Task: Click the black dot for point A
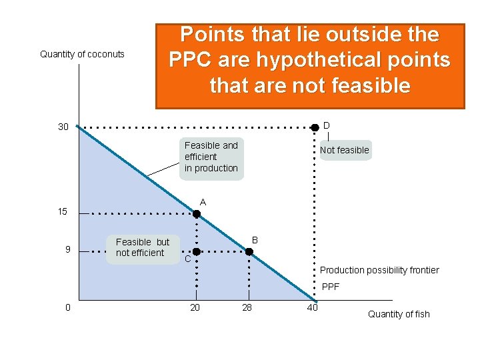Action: click(197, 214)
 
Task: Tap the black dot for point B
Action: click(249, 252)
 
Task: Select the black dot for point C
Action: click(197, 252)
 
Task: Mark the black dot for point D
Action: click(315, 127)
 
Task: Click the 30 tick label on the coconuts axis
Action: click(63, 127)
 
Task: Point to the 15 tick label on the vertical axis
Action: click(62, 212)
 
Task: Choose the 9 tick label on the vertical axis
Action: click(67, 250)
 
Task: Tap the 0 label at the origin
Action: click(68, 307)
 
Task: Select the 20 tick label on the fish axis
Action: click(195, 307)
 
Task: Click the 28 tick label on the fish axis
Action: click(247, 307)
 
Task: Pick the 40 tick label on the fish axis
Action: click(312, 307)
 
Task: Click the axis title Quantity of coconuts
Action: click(82, 54)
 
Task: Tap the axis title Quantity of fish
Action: click(399, 314)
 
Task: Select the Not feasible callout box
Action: click(344, 150)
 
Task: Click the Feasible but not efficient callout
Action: click(142, 247)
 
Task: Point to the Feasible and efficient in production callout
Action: click(211, 157)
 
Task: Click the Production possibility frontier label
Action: click(379, 270)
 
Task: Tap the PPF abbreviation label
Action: click(331, 287)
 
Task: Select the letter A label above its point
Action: click(203, 202)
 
